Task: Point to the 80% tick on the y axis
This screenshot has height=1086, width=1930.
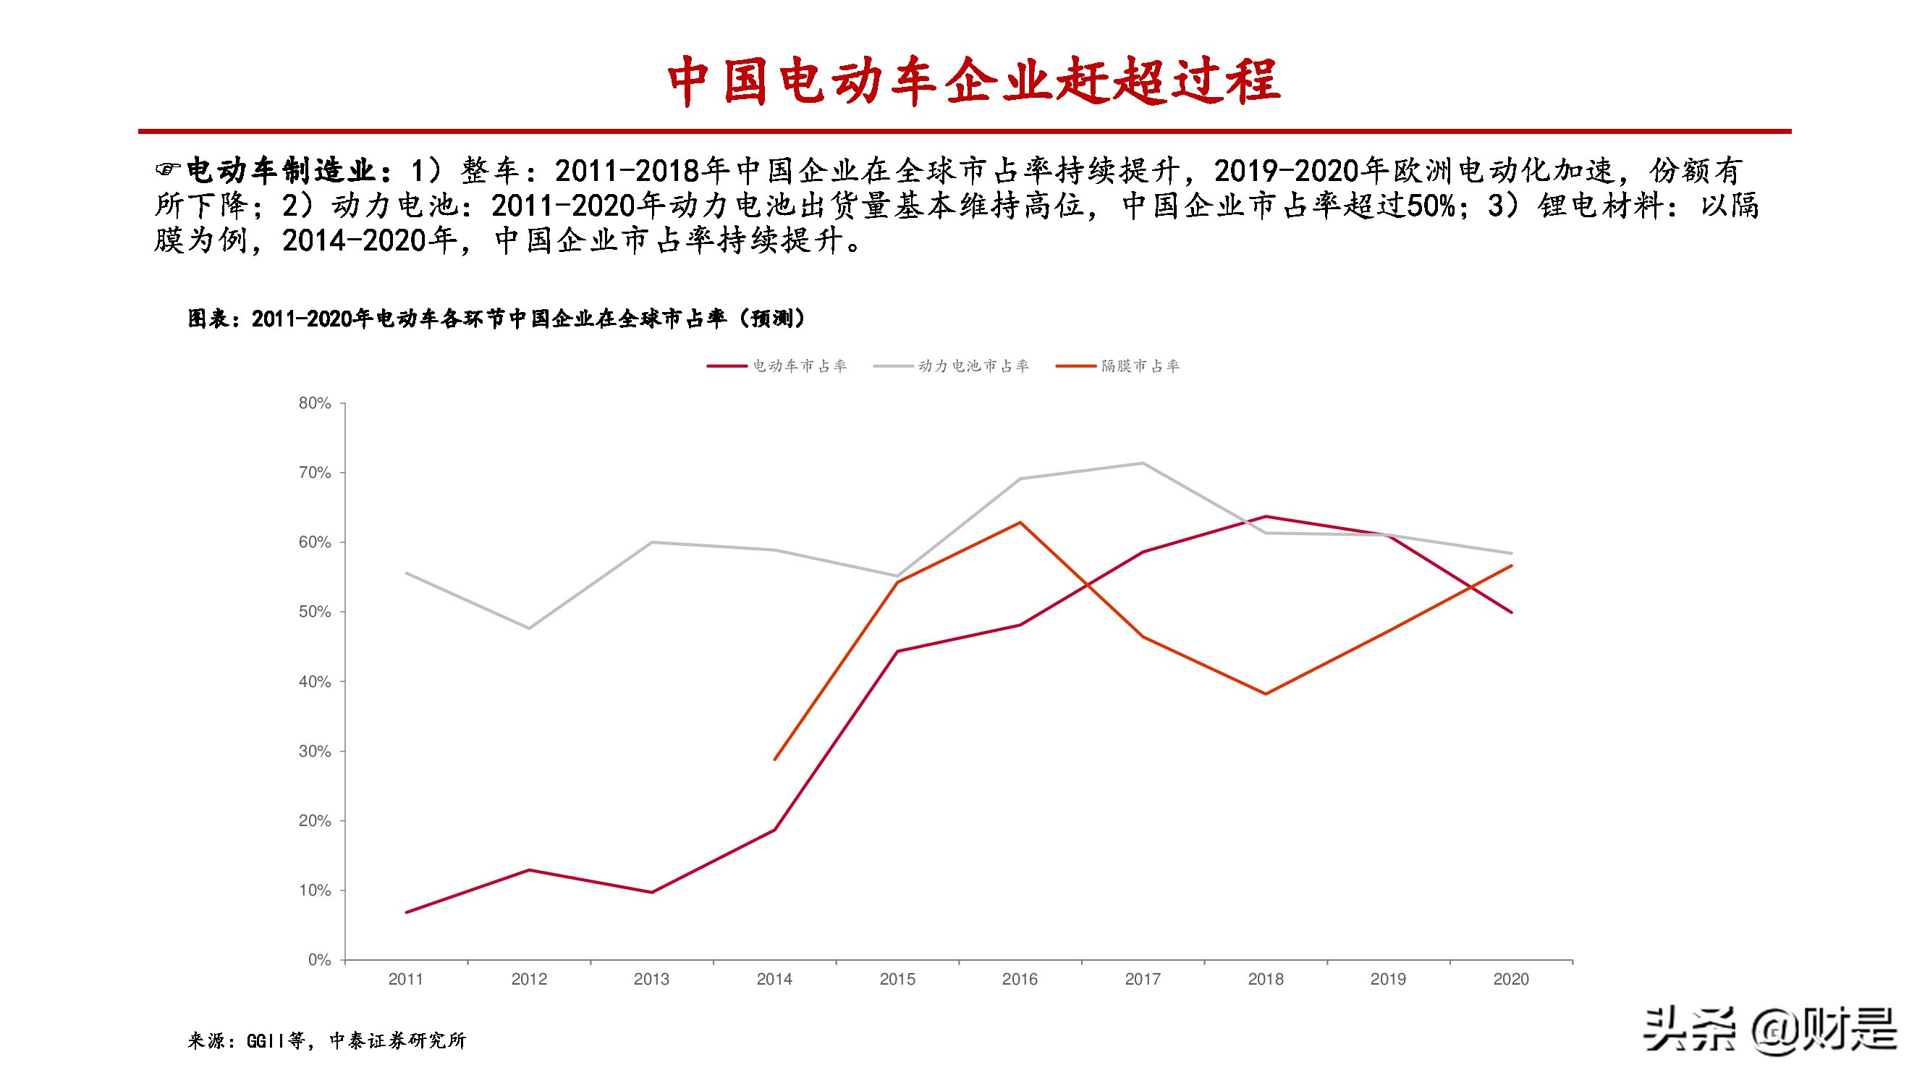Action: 315,403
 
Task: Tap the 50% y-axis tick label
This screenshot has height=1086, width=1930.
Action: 315,612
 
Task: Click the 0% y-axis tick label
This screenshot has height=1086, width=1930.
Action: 319,960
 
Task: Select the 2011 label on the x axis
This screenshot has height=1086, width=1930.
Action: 406,979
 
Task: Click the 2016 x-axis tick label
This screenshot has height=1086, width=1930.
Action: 1020,979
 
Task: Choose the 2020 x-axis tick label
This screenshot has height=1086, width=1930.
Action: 1510,979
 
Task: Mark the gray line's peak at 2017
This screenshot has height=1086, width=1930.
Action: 1143,463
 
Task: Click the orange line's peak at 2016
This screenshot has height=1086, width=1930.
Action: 1020,523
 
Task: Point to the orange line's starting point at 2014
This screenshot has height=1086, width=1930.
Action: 775,759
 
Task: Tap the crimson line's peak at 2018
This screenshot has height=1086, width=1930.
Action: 1266,516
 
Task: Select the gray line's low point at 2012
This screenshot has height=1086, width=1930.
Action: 529,628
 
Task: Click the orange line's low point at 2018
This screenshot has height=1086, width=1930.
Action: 1266,694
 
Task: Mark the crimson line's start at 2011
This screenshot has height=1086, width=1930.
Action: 406,912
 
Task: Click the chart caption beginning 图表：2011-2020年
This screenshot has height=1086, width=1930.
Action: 496,319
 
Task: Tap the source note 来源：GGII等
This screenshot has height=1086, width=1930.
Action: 326,1040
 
